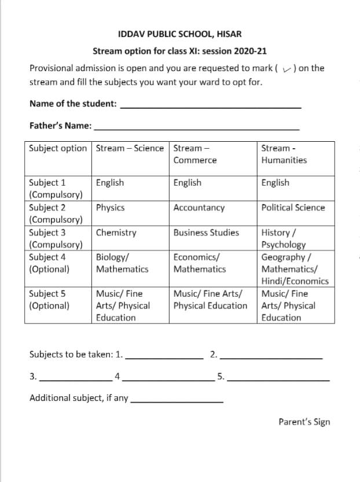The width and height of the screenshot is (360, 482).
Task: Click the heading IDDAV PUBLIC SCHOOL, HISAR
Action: coord(179,34)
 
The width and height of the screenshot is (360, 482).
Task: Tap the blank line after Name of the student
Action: coord(211,107)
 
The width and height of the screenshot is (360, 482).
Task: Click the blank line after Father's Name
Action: coord(196,128)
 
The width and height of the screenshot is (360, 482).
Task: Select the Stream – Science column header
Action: coord(130,148)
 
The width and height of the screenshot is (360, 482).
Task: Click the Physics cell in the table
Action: coord(110,208)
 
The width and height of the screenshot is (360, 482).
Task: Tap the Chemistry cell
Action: coord(116,233)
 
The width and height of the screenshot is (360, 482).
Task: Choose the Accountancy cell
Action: coord(199,208)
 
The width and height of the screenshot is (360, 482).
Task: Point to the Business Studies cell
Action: coord(205,233)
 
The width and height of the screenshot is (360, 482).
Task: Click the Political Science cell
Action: coord(293,208)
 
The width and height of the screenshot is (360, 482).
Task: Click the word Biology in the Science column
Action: coord(111,257)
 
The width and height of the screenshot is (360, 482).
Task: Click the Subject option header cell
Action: coord(58,148)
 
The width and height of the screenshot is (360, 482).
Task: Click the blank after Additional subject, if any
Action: coord(177,402)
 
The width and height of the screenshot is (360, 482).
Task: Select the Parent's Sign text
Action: coord(304,422)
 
